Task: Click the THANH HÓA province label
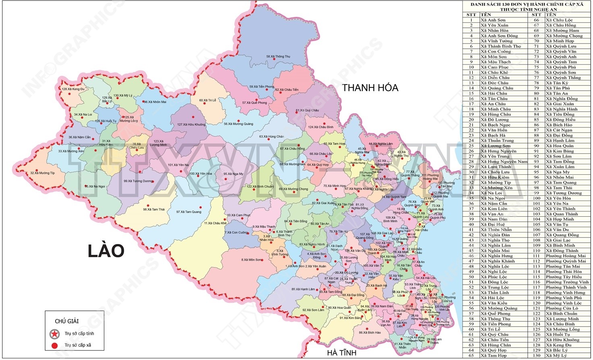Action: pyautogui.click(x=370, y=88)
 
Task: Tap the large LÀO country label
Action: pyautogui.click(x=106, y=251)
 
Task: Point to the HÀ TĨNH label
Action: pyautogui.click(x=341, y=353)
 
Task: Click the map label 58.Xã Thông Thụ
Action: pyautogui.click(x=279, y=57)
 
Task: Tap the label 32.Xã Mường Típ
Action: pyautogui.click(x=43, y=173)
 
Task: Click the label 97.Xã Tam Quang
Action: pyautogui.click(x=189, y=212)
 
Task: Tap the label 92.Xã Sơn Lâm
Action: pyautogui.click(x=313, y=310)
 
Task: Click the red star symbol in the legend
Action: pyautogui.click(x=54, y=334)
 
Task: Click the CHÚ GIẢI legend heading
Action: pyautogui.click(x=67, y=321)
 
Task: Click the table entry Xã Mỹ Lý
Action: pyautogui.click(x=556, y=356)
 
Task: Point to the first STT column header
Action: pyautogui.click(x=471, y=14)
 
